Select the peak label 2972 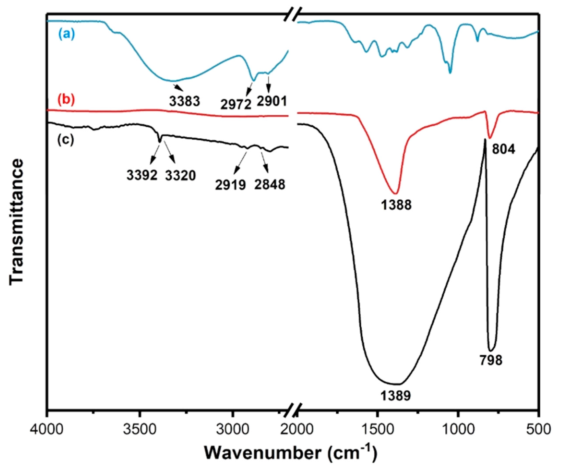coord(236,104)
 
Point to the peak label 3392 coord(142,176)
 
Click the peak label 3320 coord(180,176)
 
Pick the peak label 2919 coord(230,185)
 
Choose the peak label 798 coord(491,360)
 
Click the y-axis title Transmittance coord(17,222)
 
